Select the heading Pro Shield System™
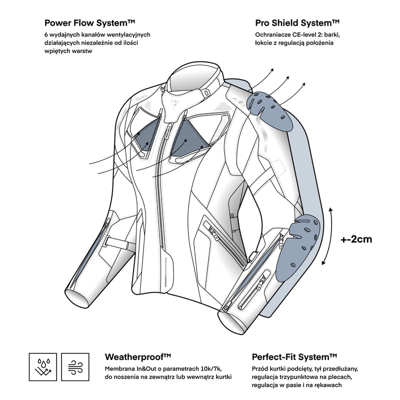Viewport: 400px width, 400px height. click(297, 22)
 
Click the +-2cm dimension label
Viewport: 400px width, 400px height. click(356, 239)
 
